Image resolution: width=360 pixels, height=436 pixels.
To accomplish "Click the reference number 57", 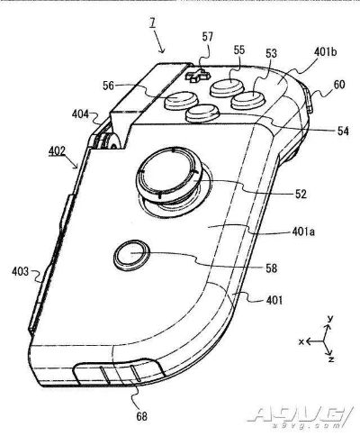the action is pos(208,37).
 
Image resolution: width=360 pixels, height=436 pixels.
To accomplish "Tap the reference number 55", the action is pos(239,50).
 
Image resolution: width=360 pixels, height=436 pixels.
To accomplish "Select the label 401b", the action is pos(326,51).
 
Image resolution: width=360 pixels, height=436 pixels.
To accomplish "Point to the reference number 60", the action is pos(339,85).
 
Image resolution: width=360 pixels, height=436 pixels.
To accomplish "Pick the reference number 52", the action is pos(301,194).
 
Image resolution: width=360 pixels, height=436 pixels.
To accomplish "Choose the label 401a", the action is pos(303,232).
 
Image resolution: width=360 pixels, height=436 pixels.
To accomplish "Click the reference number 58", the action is pos(272,268).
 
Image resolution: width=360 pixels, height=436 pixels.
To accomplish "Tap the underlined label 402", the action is pos(57,151).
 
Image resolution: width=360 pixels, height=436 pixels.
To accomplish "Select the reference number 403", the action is pos(21,272).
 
